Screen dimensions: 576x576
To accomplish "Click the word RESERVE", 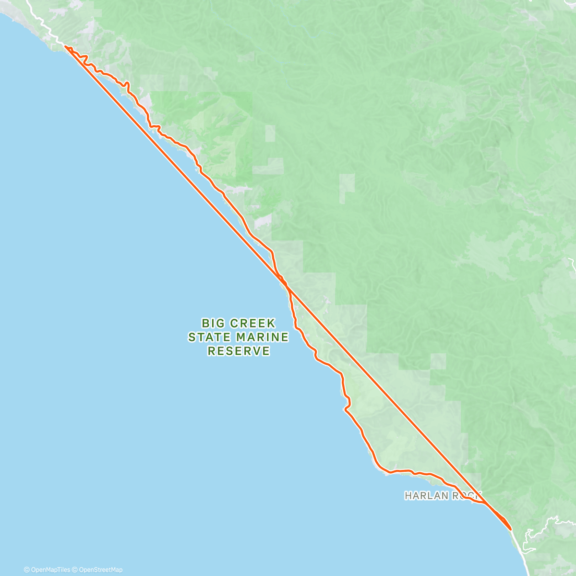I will (239, 351).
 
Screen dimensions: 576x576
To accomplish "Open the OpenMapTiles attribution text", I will (50, 570).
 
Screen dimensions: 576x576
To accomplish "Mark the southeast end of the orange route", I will (511, 529).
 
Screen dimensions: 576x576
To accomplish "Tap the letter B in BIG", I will (205, 323).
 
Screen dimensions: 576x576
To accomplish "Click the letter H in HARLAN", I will (408, 495).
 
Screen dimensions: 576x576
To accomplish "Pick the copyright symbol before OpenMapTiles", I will (26, 570).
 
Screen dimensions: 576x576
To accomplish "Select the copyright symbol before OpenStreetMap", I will (75, 570).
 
